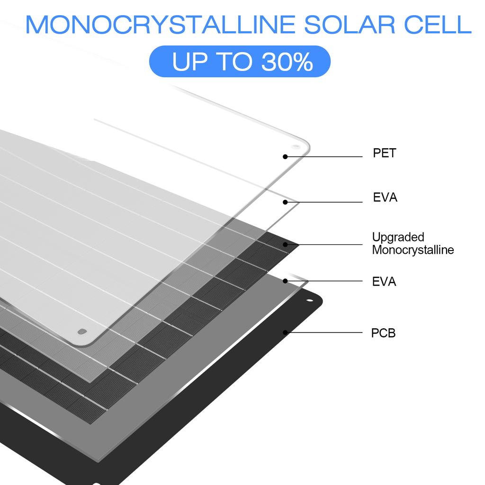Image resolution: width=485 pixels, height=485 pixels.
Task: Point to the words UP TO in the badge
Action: point(211,62)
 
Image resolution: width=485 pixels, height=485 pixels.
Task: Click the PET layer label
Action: point(384,153)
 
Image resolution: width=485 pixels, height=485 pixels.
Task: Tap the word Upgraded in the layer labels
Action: point(391,237)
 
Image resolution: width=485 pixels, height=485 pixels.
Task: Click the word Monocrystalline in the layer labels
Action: point(413,250)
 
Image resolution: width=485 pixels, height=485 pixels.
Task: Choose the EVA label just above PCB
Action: point(384,282)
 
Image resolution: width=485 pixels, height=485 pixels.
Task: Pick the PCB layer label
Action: point(383,333)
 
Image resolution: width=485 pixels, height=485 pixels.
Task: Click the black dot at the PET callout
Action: point(285,156)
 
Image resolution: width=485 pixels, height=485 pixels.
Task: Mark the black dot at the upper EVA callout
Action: point(285,202)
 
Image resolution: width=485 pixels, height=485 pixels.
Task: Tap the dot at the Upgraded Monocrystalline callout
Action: point(285,244)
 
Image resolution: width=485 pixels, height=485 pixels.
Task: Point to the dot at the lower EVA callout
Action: point(285,281)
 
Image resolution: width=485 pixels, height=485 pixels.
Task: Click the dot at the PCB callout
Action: point(285,332)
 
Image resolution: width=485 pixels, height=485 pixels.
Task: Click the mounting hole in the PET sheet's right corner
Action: point(296,147)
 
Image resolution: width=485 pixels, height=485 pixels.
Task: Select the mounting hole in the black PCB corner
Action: point(310,301)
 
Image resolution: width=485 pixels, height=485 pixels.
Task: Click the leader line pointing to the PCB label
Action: point(327,332)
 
